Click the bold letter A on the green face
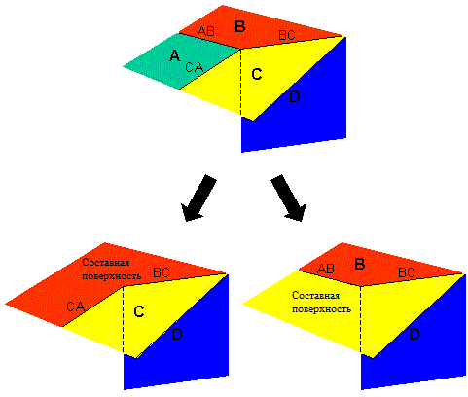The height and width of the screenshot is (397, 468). [175, 55]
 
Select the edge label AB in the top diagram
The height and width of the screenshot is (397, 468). [206, 31]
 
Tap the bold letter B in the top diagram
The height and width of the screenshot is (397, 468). [240, 26]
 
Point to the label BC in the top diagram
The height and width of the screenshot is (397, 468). [287, 35]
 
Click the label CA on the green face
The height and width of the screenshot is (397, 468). [195, 67]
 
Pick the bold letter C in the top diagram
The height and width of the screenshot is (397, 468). [257, 74]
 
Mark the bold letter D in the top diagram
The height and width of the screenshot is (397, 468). [295, 96]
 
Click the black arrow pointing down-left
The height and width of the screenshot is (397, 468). [198, 198]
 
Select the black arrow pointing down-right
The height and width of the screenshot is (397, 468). [289, 198]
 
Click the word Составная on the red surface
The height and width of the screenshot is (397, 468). [106, 262]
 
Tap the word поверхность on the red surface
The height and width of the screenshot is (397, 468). [112, 276]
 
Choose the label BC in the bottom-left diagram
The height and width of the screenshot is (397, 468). [162, 272]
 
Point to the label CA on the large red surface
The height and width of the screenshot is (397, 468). [76, 307]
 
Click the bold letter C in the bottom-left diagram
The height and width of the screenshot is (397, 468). [139, 311]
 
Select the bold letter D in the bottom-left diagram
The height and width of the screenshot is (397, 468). [177, 334]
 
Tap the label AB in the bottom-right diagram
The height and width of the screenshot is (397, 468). [326, 269]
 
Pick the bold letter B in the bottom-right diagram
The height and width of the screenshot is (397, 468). [360, 264]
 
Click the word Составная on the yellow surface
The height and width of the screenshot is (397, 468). [315, 295]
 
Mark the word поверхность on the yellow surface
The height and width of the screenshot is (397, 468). [321, 308]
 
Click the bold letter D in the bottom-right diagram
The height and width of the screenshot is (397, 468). [414, 334]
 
